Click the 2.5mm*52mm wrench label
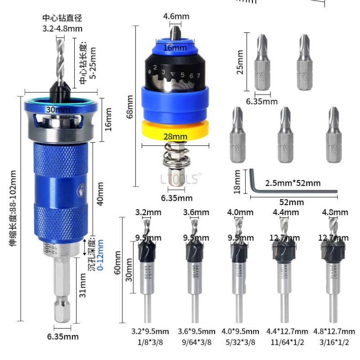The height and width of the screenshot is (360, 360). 292,183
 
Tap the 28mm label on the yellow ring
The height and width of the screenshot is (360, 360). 175,136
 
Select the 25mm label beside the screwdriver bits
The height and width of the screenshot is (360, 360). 240,62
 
